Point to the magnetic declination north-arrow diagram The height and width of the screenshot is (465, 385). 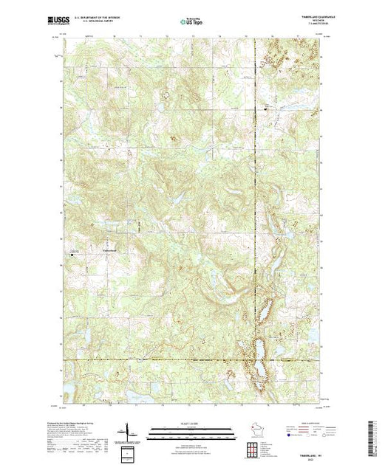point(129,431)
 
